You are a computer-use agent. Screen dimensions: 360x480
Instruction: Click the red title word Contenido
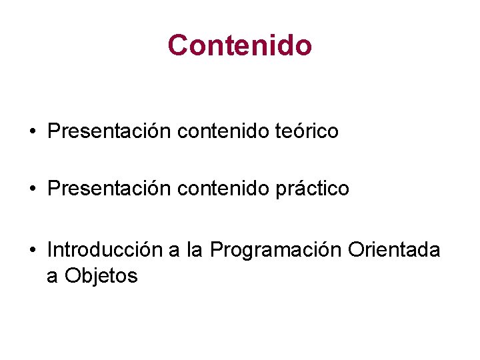coord(240,45)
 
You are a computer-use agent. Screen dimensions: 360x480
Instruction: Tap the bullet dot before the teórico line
coord(32,132)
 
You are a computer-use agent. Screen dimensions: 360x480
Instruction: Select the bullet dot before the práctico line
coord(32,189)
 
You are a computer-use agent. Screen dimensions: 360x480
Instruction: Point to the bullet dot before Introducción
coord(32,251)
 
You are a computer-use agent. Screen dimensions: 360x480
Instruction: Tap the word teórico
coord(307,131)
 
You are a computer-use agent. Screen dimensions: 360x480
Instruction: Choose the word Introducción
coord(105,250)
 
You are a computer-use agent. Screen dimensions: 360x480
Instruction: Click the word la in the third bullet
coord(195,250)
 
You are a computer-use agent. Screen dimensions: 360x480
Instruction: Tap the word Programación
coord(276,251)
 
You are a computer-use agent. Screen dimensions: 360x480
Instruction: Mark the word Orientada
coord(395,250)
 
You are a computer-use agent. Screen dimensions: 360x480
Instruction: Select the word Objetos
coord(101,275)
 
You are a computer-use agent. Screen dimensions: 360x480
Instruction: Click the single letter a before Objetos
coord(52,277)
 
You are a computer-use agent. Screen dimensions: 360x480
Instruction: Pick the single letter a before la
coord(175,251)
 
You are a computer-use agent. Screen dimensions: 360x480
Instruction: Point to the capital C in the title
coord(177,45)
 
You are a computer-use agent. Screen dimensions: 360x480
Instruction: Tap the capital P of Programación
coord(216,250)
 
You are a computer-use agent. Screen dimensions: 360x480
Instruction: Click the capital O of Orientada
coord(356,250)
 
